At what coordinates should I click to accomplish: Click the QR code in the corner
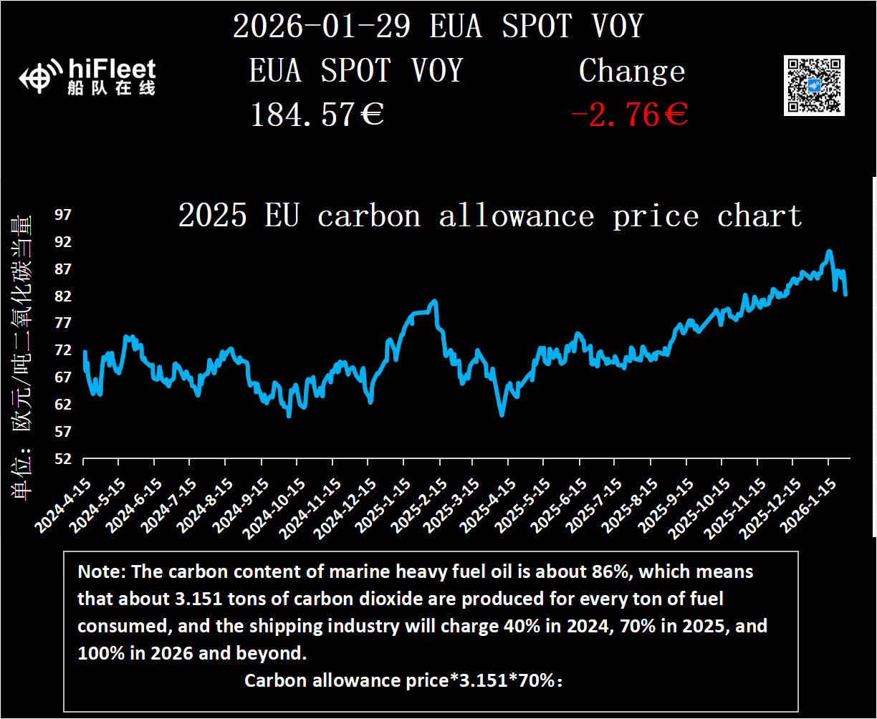(813, 85)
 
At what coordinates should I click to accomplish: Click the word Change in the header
(631, 71)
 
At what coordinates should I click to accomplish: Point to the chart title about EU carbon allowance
(489, 216)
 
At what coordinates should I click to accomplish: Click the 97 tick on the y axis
(64, 215)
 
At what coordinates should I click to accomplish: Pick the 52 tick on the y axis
(64, 459)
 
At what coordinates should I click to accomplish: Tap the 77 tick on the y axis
(64, 323)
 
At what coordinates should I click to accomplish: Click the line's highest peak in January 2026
(829, 251)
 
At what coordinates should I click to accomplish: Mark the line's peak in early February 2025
(434, 301)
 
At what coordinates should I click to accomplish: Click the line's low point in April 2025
(502, 415)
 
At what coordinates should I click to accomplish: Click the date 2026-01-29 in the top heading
(322, 26)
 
